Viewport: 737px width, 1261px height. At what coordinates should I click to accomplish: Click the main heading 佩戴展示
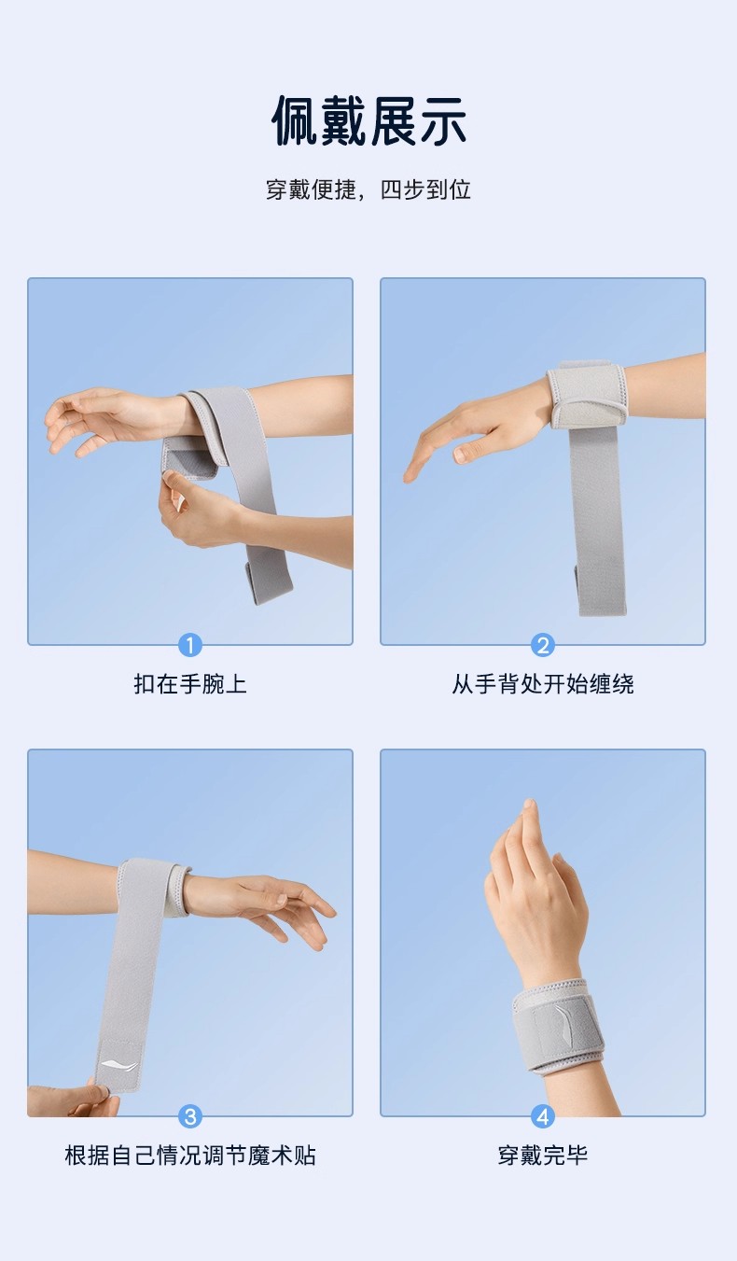368,121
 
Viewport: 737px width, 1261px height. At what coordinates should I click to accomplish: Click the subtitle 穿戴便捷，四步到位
368,189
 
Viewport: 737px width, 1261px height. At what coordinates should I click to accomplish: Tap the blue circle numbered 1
190,645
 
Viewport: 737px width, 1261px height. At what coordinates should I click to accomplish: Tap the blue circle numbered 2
543,645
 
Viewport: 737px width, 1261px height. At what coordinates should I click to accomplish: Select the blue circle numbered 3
190,1116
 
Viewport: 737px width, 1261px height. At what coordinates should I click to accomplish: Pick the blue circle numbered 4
543,1116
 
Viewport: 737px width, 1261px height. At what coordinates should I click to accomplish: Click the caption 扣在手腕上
190,684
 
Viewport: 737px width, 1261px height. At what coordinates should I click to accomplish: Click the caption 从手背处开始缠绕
543,684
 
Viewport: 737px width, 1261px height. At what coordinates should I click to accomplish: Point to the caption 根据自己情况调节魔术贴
190,1156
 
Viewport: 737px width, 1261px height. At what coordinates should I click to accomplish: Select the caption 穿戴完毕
543,1156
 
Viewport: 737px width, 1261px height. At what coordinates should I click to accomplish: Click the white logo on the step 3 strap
119,1064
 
